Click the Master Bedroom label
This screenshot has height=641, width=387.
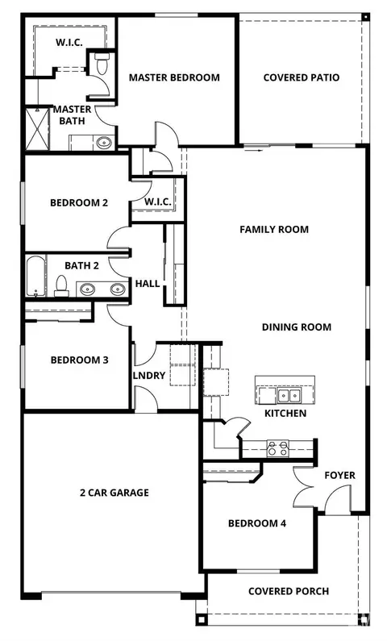(174, 77)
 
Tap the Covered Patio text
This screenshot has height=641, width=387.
(302, 77)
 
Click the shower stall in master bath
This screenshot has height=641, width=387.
(37, 128)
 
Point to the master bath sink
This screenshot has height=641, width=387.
(104, 143)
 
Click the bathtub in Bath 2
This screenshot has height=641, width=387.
(36, 276)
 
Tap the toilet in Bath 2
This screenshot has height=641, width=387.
(62, 286)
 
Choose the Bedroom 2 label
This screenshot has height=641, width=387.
(79, 202)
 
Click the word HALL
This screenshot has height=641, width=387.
(148, 283)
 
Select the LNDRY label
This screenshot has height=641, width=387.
(149, 375)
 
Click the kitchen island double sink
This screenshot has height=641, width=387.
(289, 395)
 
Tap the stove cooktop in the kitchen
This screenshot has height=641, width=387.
(277, 448)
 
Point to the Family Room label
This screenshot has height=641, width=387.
(274, 229)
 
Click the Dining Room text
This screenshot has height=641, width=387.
(296, 327)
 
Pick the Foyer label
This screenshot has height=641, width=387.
(339, 475)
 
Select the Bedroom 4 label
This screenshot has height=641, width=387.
(257, 523)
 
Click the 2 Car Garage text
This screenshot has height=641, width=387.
(114, 493)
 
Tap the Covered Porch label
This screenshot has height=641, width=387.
(289, 591)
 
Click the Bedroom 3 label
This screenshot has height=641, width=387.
(79, 360)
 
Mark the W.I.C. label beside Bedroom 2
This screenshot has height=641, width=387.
(158, 202)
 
